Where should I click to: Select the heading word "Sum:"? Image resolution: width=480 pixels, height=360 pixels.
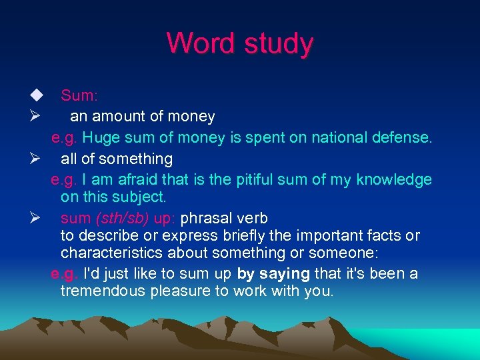tap(79, 95)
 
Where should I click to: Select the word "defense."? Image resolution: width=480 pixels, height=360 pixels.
tap(405, 138)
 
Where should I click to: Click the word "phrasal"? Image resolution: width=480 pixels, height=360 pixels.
tap(206, 218)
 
